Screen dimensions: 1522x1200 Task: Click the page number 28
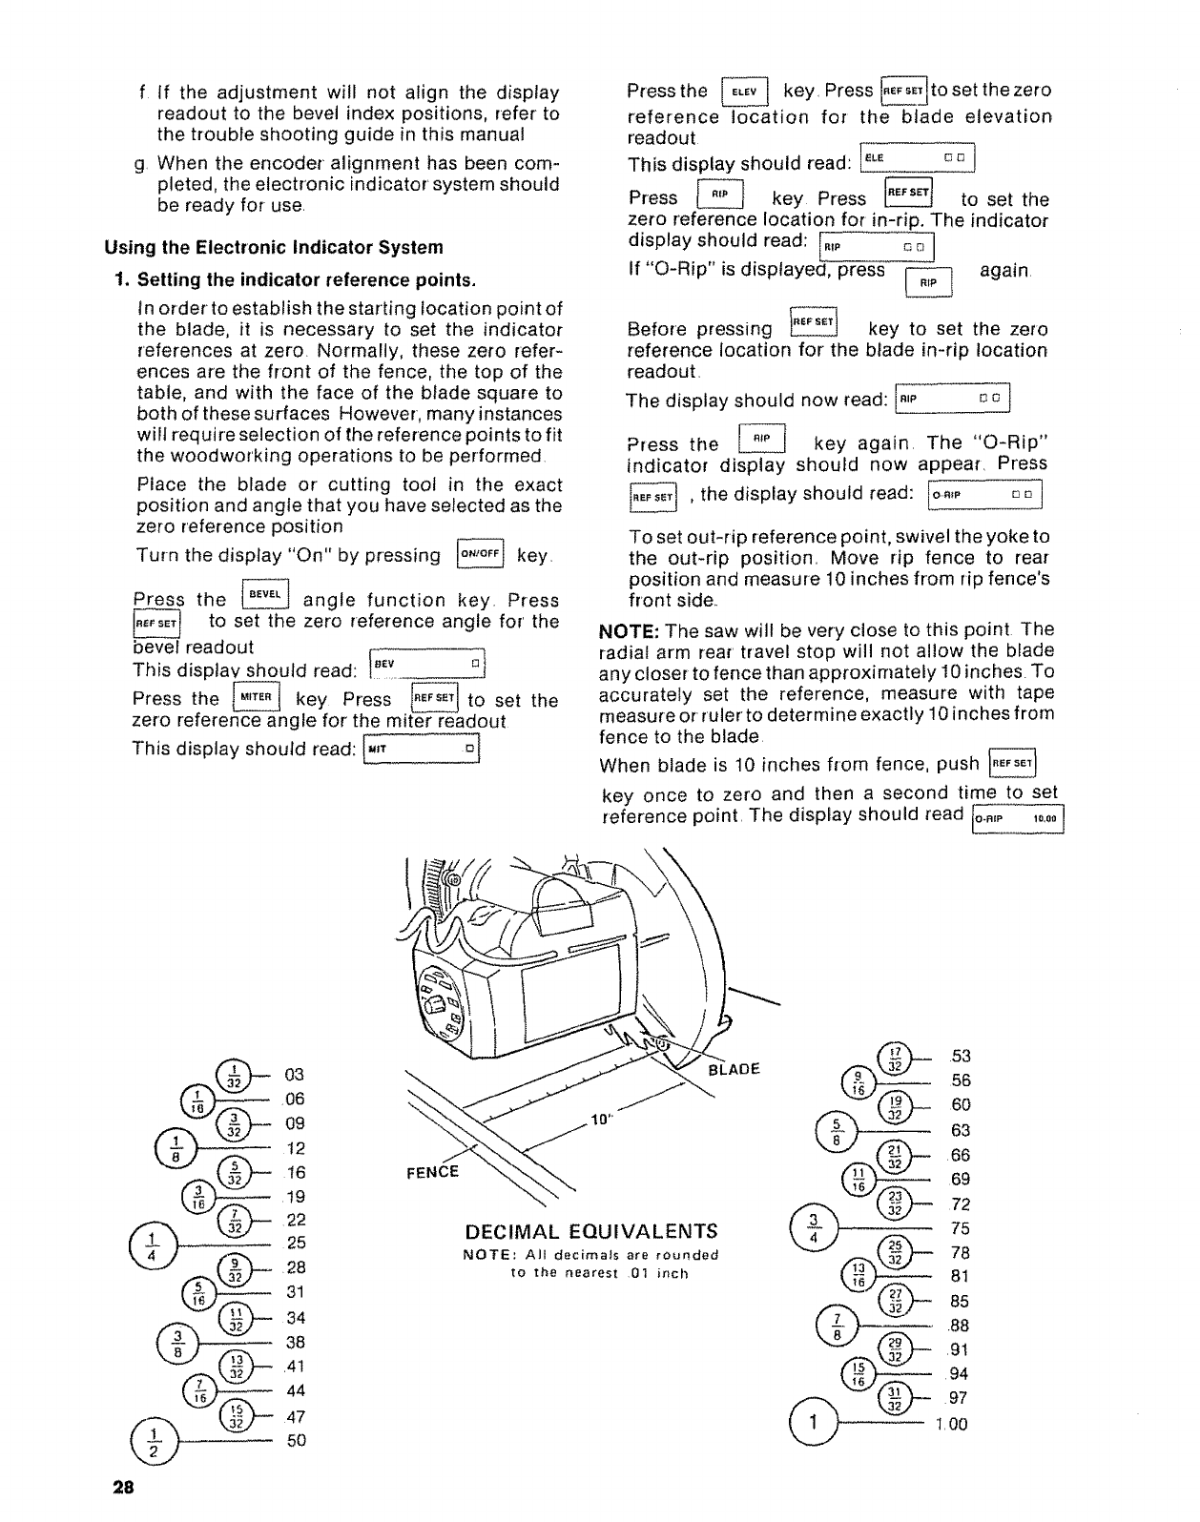pos(124,1489)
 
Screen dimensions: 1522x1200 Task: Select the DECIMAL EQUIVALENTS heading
pos(592,1229)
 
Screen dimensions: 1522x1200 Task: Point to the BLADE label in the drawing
pos(734,1070)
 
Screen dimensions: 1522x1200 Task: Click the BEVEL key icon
pos(264,595)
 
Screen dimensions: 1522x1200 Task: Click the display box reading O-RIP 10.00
pos(1017,818)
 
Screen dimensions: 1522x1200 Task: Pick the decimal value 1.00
pos(950,1424)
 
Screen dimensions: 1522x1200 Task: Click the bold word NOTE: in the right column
pos(630,630)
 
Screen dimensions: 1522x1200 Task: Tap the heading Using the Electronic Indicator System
pos(274,248)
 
